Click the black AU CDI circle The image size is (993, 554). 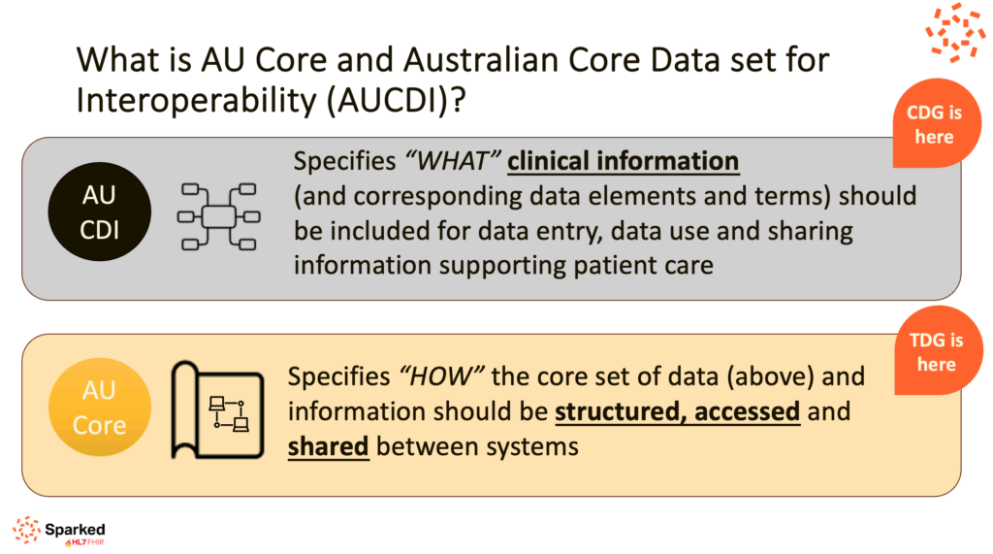(x=100, y=212)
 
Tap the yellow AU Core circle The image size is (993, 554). (x=100, y=407)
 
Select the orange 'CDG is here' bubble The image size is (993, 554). (x=936, y=123)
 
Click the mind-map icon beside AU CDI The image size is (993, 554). (x=218, y=216)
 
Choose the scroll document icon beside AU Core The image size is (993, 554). (x=217, y=409)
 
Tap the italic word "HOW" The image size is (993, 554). (x=441, y=376)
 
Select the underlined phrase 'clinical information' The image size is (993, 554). (x=624, y=161)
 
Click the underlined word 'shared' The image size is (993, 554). (x=328, y=446)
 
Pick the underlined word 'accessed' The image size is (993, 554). (x=748, y=411)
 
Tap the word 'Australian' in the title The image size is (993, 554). (x=481, y=60)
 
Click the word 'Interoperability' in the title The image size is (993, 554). (x=196, y=101)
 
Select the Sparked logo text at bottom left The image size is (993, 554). (x=75, y=530)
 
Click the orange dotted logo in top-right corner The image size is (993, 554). (x=955, y=32)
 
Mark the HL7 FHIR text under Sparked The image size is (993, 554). (x=85, y=542)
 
